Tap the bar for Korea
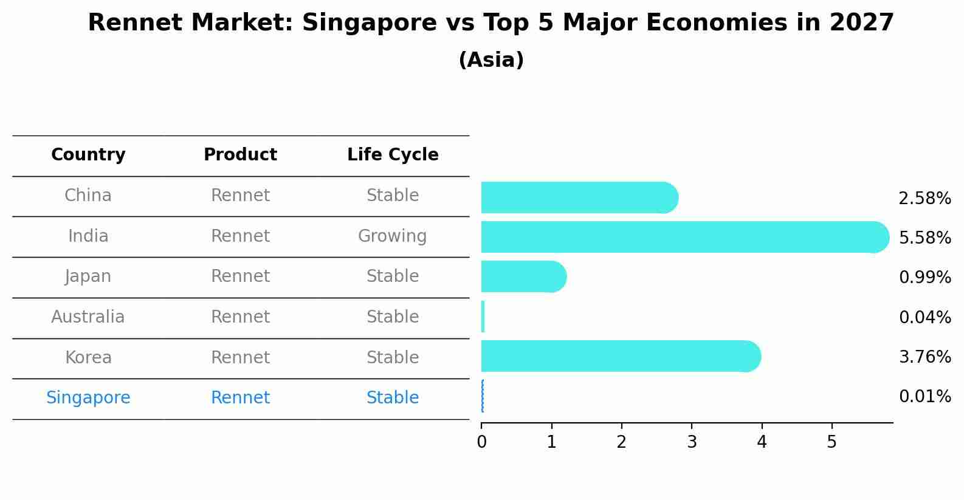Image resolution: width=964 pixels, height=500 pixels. click(621, 356)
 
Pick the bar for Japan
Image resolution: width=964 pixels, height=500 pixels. click(523, 276)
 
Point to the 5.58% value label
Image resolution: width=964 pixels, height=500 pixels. click(924, 238)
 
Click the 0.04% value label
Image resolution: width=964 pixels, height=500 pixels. click(924, 317)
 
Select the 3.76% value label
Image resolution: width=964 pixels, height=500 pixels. click(924, 357)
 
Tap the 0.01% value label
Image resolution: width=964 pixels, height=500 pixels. click(924, 397)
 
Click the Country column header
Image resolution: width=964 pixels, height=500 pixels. click(88, 155)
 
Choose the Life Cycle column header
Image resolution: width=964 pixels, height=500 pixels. click(393, 155)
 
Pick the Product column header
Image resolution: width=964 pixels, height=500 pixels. click(240, 155)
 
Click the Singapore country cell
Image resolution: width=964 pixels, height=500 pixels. click(88, 398)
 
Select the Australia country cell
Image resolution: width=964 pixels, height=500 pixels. click(88, 317)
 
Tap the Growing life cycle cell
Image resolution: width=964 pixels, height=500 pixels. click(393, 236)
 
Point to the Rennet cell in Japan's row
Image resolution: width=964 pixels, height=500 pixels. click(240, 276)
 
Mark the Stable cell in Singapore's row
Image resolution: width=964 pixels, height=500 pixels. click(393, 398)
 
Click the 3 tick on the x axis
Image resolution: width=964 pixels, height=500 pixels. click(692, 442)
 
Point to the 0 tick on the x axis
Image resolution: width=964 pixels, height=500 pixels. click(481, 442)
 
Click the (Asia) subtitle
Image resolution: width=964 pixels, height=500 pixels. click(491, 60)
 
